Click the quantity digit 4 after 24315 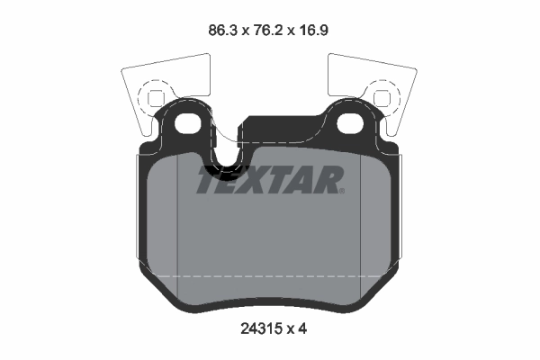click(303, 329)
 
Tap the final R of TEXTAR click(326, 181)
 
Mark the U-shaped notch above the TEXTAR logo click(225, 162)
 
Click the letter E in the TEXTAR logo click(231, 181)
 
